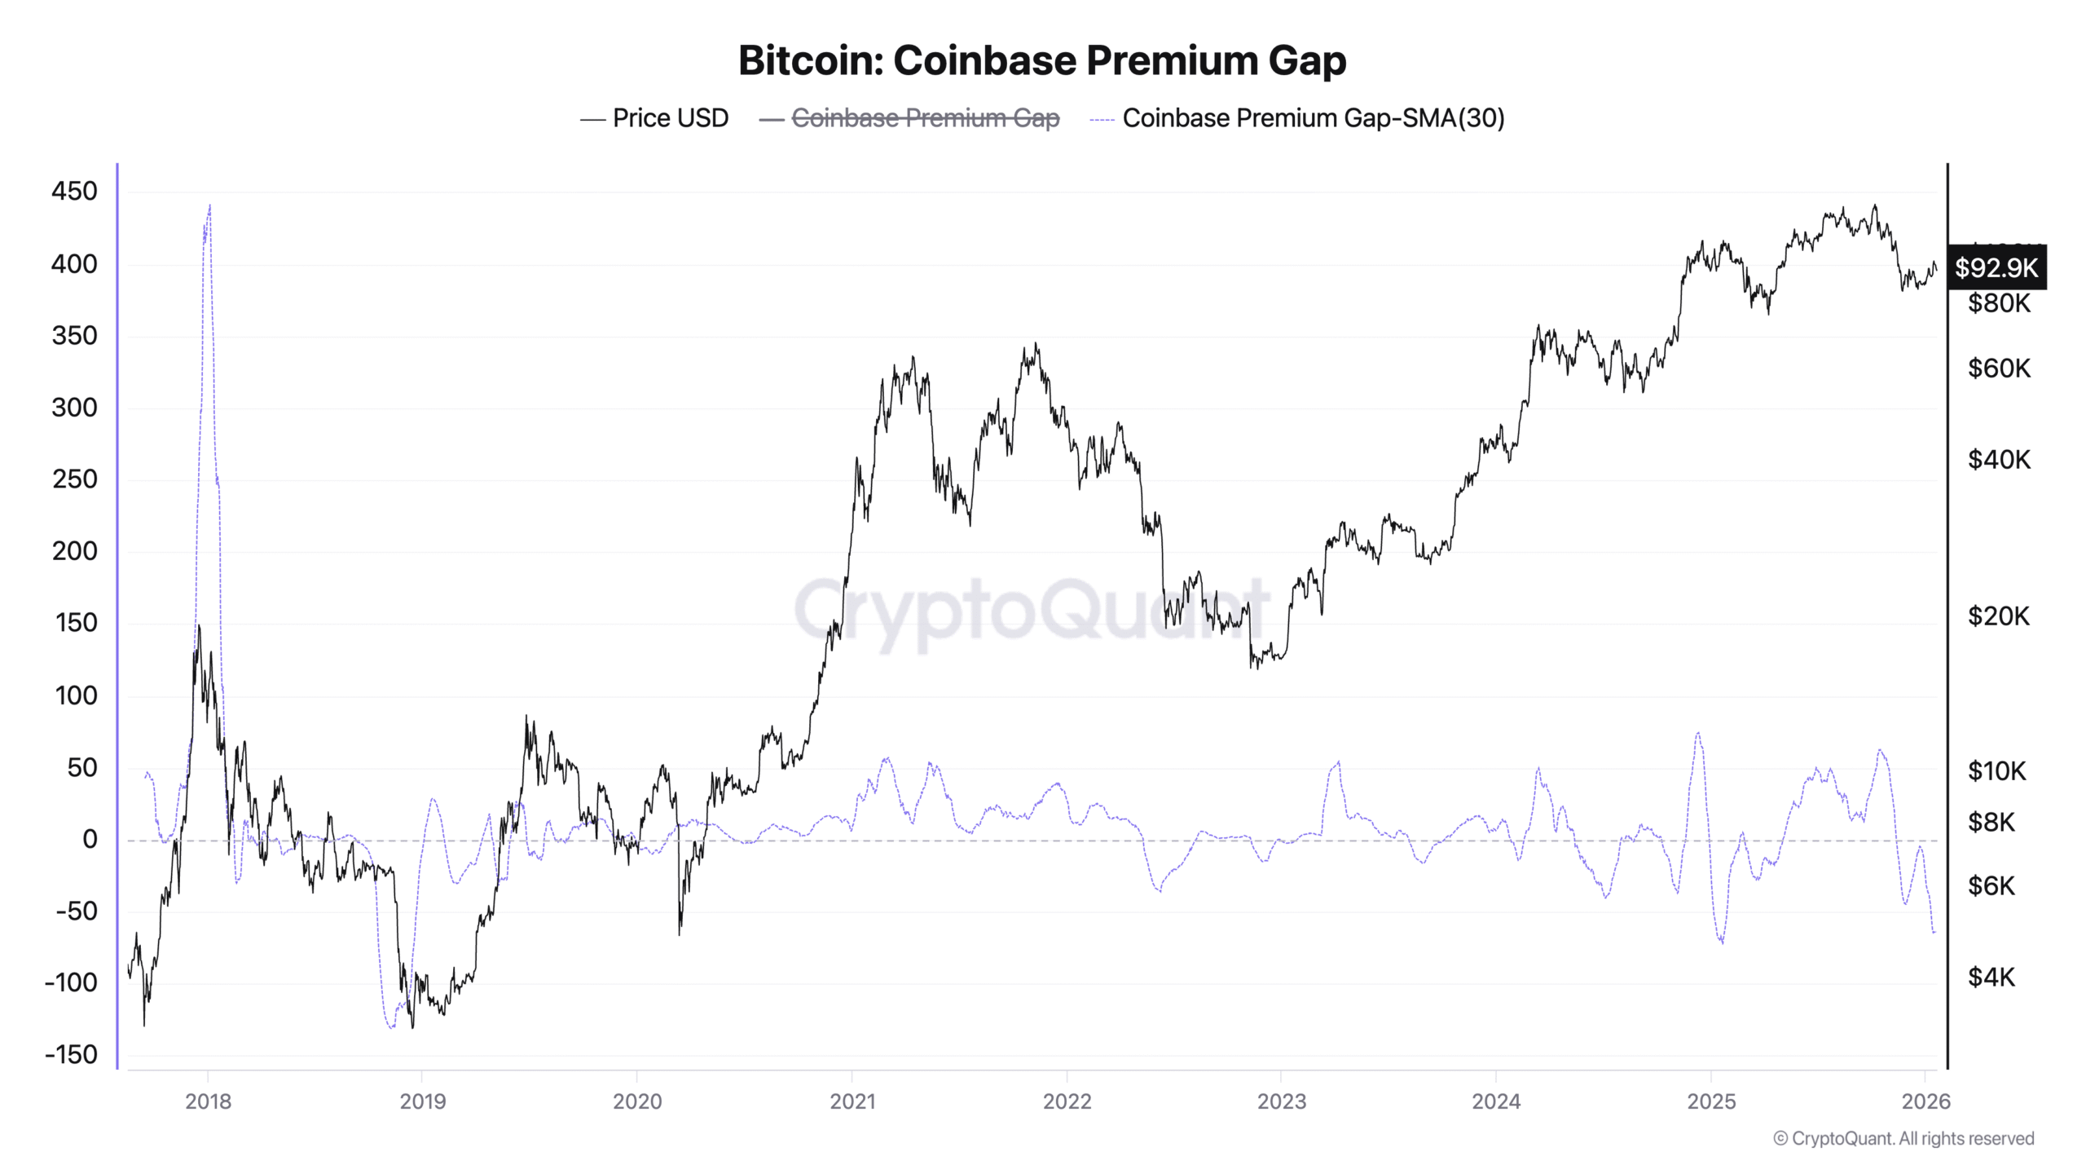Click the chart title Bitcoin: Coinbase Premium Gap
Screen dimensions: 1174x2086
(x=1042, y=60)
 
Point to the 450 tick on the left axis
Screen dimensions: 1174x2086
(x=74, y=192)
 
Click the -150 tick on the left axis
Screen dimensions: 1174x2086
(x=71, y=1054)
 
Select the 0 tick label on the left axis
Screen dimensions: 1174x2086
(x=90, y=839)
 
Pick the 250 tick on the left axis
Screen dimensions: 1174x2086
(x=74, y=479)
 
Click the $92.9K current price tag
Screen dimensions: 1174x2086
(x=1996, y=267)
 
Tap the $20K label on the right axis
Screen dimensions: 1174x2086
(x=1998, y=616)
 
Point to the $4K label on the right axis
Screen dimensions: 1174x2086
(x=1991, y=977)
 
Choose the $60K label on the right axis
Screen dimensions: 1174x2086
(x=1999, y=369)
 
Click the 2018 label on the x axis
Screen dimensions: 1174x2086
(x=208, y=1101)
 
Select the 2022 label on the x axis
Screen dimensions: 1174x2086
(x=1067, y=1101)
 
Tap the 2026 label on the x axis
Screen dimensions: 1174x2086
(x=1925, y=1101)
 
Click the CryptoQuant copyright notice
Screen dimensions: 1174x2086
(x=1903, y=1138)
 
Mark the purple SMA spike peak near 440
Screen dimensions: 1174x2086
(x=209, y=206)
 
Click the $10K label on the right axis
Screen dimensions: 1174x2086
(x=1996, y=770)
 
